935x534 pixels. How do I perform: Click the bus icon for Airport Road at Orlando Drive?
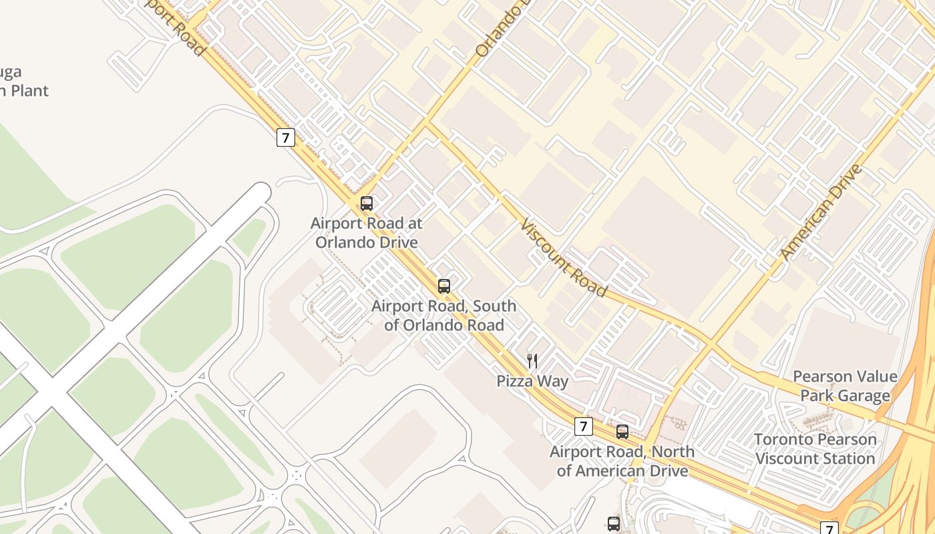click(366, 204)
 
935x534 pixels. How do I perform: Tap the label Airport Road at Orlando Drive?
click(367, 233)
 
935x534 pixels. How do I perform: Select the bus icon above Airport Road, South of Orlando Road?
click(443, 286)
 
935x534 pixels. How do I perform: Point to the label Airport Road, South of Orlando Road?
click(443, 316)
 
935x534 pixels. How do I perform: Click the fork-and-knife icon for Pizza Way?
click(532, 361)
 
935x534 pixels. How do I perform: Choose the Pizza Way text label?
click(532, 381)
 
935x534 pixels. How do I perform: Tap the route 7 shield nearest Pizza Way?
click(583, 426)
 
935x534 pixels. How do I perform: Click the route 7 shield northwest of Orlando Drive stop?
click(285, 138)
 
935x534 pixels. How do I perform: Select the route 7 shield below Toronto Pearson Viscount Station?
click(828, 529)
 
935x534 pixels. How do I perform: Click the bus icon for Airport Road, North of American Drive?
click(622, 432)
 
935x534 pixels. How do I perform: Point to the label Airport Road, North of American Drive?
click(622, 461)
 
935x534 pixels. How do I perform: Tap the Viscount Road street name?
click(564, 257)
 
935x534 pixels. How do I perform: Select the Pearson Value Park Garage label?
click(845, 386)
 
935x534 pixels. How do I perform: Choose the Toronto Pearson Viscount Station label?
click(815, 449)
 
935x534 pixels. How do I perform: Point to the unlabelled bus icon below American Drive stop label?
click(613, 524)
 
